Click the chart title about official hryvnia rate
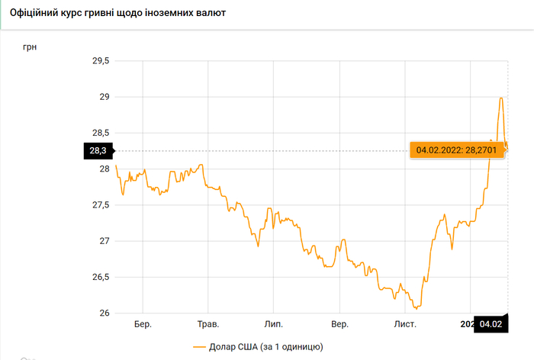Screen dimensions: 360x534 pos(117,14)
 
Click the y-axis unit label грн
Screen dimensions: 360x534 pos(30,47)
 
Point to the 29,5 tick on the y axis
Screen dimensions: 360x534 pos(101,61)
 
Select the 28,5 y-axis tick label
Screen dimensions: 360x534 pos(101,133)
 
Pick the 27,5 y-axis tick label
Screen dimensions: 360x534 pos(101,205)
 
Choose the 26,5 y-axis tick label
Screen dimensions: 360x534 pos(101,277)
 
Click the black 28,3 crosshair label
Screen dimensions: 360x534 pos(98,151)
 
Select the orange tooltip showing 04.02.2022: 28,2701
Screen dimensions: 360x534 pos(458,150)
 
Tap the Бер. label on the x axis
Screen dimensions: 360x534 pos(143,324)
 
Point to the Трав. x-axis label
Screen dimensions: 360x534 pos(208,324)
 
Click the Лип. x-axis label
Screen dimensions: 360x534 pos(273,324)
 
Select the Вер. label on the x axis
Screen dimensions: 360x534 pos(340,324)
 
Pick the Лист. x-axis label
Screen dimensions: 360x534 pos(405,324)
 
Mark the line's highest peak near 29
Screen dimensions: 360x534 pos(501,98)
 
